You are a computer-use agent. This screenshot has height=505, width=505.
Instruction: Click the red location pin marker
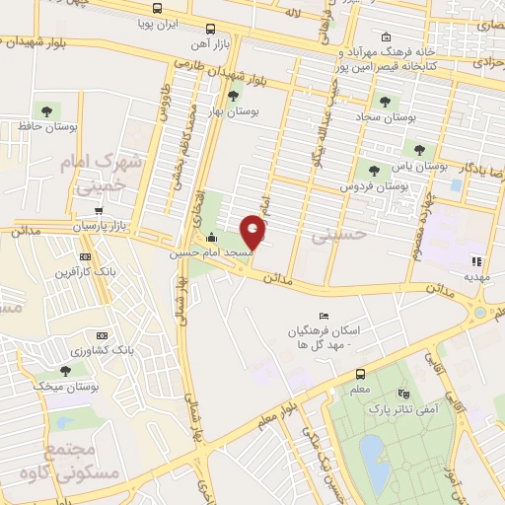point(253,230)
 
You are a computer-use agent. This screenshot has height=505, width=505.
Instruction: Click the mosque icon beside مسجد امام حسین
point(211,238)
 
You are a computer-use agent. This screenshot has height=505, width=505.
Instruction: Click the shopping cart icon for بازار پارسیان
point(99,211)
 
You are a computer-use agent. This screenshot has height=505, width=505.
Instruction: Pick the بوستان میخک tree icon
point(65,371)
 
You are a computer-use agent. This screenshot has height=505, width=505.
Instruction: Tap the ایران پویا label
point(183,21)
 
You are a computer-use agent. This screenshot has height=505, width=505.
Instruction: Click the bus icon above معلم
point(360,374)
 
